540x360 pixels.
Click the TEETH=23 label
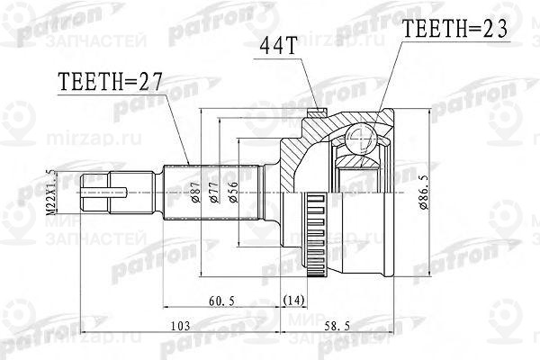coord(455,30)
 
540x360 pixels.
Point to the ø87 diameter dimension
coord(195,192)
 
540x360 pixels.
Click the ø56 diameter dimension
coord(236,192)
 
